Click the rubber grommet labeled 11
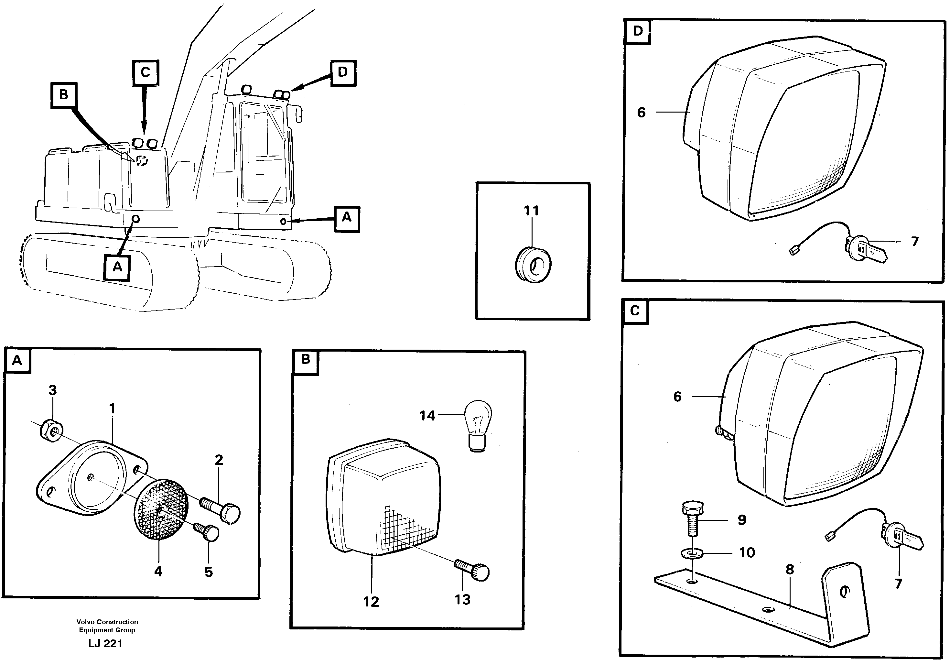point(533,265)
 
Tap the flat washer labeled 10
point(691,552)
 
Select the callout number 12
point(371,601)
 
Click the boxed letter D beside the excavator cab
point(343,73)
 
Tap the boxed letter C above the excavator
point(145,73)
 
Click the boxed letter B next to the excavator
point(64,95)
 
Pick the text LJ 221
point(105,643)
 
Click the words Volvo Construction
point(107,622)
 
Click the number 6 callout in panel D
point(641,112)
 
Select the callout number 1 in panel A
point(112,409)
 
